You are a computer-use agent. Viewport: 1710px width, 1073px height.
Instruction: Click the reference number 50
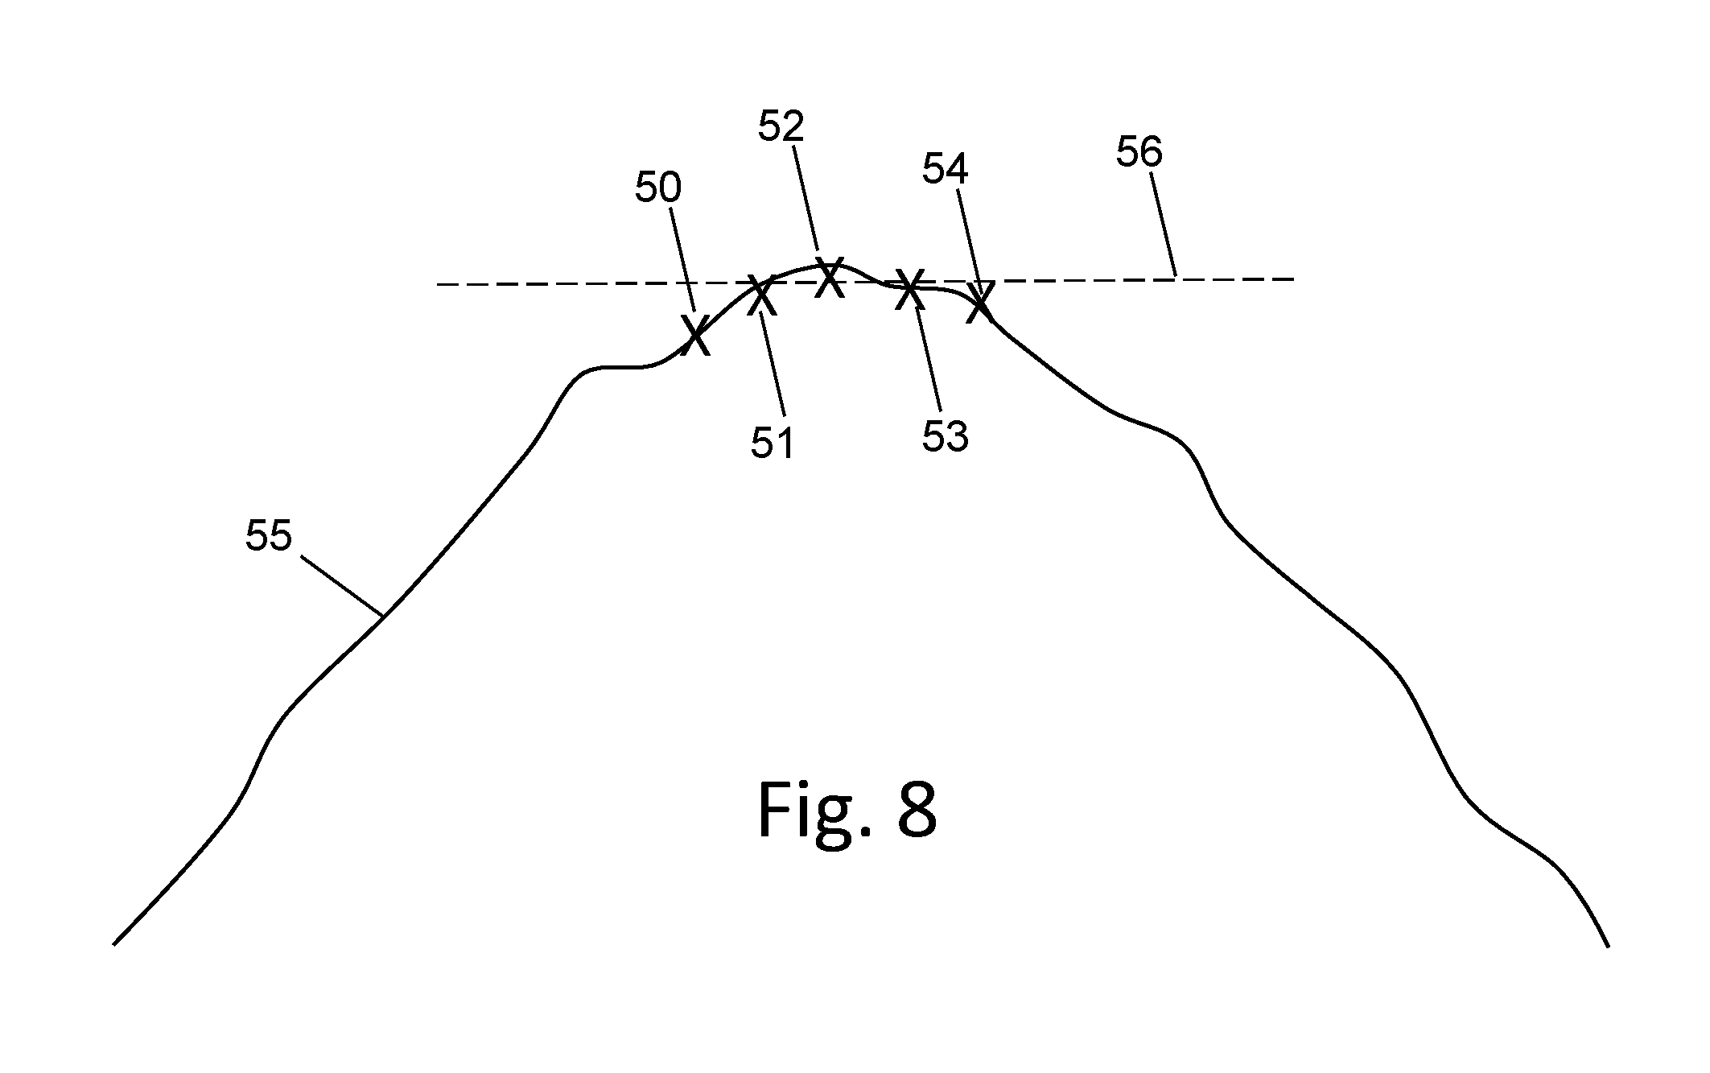(657, 188)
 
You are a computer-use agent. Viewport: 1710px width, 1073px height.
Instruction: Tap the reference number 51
(773, 444)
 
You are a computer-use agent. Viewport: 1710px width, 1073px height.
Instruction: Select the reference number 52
(781, 126)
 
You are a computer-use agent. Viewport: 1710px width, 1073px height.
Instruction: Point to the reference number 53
(945, 435)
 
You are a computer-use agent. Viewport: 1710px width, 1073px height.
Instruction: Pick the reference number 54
(945, 169)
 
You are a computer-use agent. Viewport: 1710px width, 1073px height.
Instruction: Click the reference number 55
(268, 535)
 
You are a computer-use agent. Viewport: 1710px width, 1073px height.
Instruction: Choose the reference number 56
(1139, 151)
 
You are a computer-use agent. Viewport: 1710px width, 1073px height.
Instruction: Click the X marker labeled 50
(696, 335)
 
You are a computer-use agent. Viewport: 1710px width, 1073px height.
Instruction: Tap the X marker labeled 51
(760, 295)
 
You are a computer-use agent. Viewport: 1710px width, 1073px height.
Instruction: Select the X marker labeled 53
(909, 289)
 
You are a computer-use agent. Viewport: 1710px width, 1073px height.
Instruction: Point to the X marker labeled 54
(979, 302)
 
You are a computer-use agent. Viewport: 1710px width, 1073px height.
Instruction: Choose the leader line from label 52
(807, 199)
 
